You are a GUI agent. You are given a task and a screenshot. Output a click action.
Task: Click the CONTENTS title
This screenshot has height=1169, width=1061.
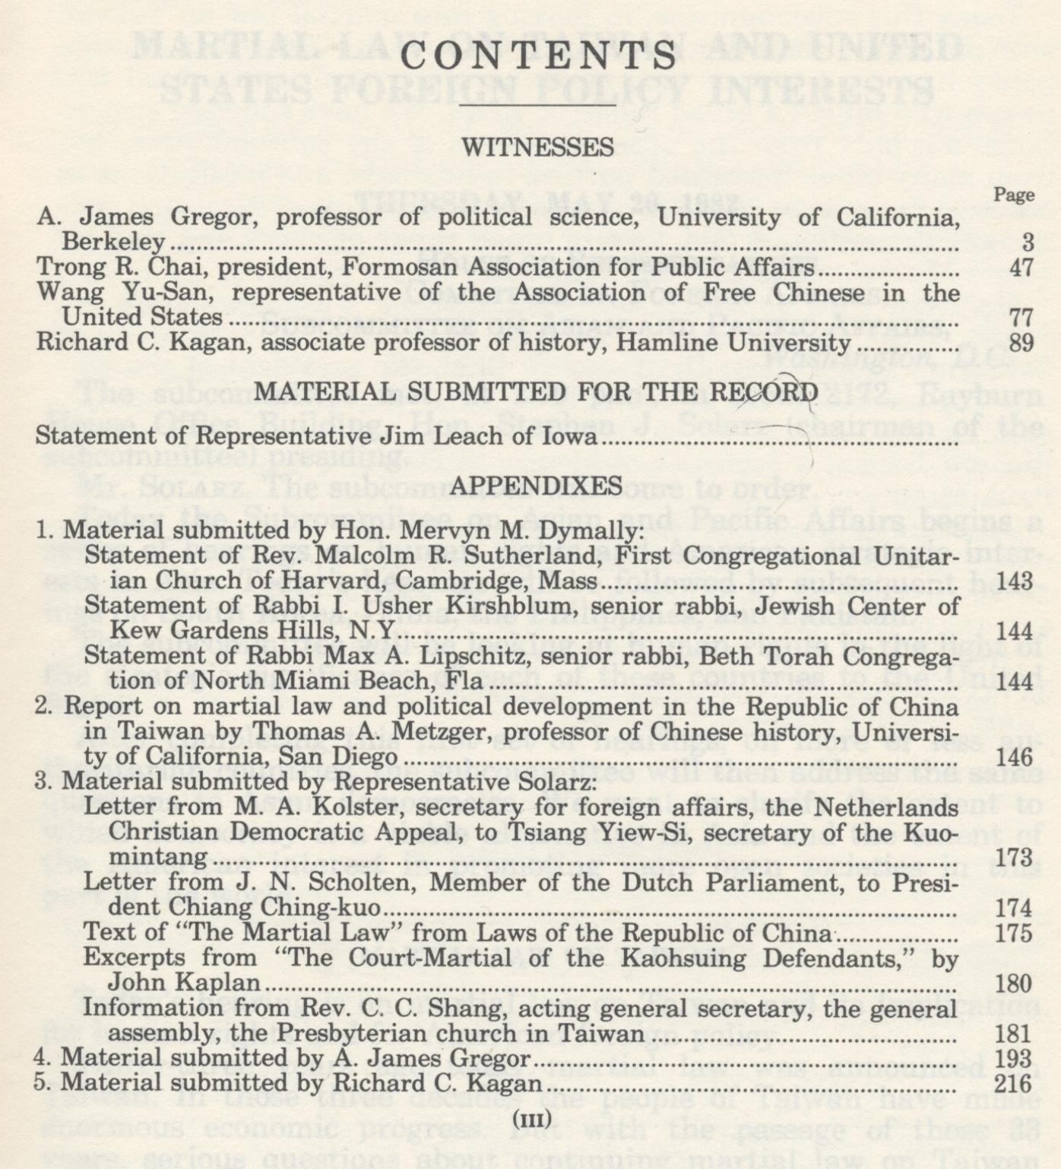(538, 57)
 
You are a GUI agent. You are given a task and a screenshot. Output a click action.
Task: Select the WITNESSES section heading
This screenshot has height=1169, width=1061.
(538, 147)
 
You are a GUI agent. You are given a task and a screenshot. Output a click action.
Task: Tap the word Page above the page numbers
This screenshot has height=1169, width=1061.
(1014, 195)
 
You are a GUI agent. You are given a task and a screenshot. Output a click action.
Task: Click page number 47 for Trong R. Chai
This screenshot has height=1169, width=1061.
(1021, 268)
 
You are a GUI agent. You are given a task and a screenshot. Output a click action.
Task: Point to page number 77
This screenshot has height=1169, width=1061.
(1021, 317)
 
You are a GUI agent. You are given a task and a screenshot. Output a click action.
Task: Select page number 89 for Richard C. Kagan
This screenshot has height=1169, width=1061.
(1021, 343)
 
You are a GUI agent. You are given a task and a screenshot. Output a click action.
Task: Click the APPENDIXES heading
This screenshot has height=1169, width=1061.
(536, 486)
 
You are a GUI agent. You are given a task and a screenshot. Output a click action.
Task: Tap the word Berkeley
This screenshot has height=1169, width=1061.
(113, 242)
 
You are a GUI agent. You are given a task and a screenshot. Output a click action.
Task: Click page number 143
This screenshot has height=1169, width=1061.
(1014, 581)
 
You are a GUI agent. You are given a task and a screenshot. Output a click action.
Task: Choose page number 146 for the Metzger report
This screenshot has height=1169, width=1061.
(1014, 757)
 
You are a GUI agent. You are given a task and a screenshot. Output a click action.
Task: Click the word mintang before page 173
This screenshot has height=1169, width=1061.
(157, 858)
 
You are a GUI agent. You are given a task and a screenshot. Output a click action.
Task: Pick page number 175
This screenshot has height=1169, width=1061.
(1014, 933)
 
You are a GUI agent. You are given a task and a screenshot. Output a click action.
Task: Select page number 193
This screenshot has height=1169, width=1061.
(1014, 1059)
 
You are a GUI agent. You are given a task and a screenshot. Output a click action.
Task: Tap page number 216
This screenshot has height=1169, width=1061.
(1014, 1084)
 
